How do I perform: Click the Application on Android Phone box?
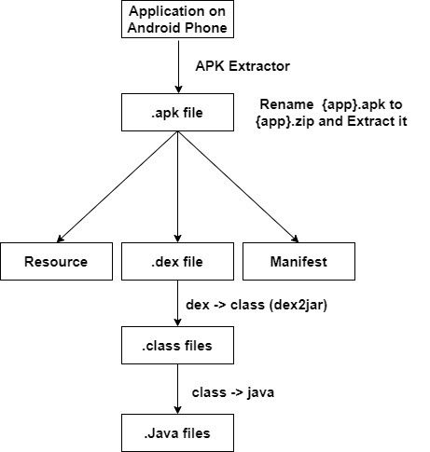coord(175,21)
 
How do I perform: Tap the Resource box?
coord(57,262)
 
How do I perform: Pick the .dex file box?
coord(176,262)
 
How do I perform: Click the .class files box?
coord(176,346)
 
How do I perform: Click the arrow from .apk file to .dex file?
coord(176,186)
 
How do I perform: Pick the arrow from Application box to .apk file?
coord(176,65)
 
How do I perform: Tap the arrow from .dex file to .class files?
coord(176,304)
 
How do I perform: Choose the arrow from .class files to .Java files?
coord(176,389)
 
